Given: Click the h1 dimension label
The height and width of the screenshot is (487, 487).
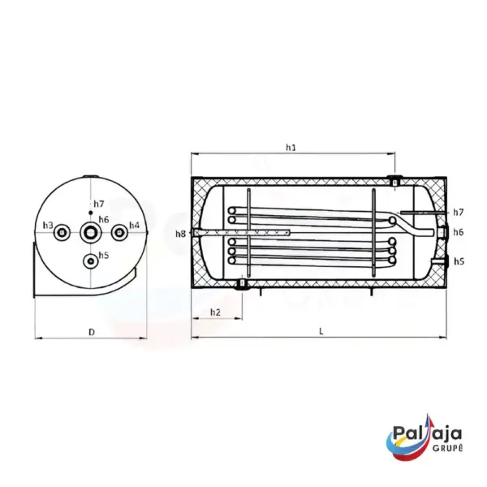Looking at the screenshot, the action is tap(291, 147).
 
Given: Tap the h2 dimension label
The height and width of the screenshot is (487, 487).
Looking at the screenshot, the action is tap(215, 312).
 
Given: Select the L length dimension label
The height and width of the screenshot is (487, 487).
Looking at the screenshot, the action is tap(321, 331).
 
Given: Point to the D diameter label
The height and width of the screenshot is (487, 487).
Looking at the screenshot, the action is tap(91, 332).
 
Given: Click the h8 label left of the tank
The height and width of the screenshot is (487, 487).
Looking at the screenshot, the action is tap(180, 234).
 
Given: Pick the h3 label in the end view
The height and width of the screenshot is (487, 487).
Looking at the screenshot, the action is tap(48, 225).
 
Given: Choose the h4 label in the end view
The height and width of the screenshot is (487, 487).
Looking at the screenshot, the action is tap(135, 225).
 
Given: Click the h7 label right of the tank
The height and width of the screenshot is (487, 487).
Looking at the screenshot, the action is tap(458, 213).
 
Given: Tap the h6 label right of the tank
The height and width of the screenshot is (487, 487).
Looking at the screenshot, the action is tap(458, 232).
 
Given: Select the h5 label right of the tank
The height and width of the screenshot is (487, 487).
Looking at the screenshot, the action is tap(459, 261).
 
